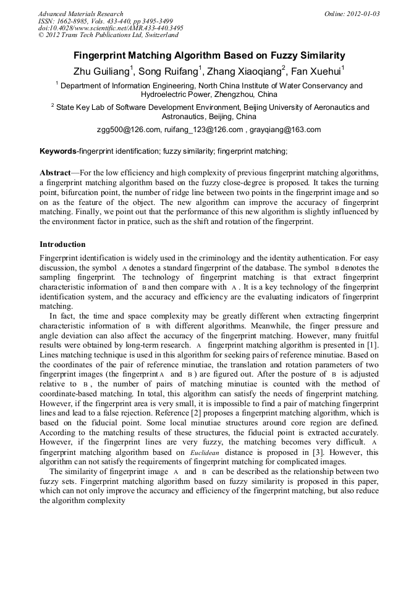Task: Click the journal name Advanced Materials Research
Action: [80, 14]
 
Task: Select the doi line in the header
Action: [111, 28]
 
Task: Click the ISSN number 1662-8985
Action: [72, 21]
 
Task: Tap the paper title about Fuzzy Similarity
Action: [209, 55]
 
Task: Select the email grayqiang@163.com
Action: [286, 130]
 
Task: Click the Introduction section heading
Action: [62, 244]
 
